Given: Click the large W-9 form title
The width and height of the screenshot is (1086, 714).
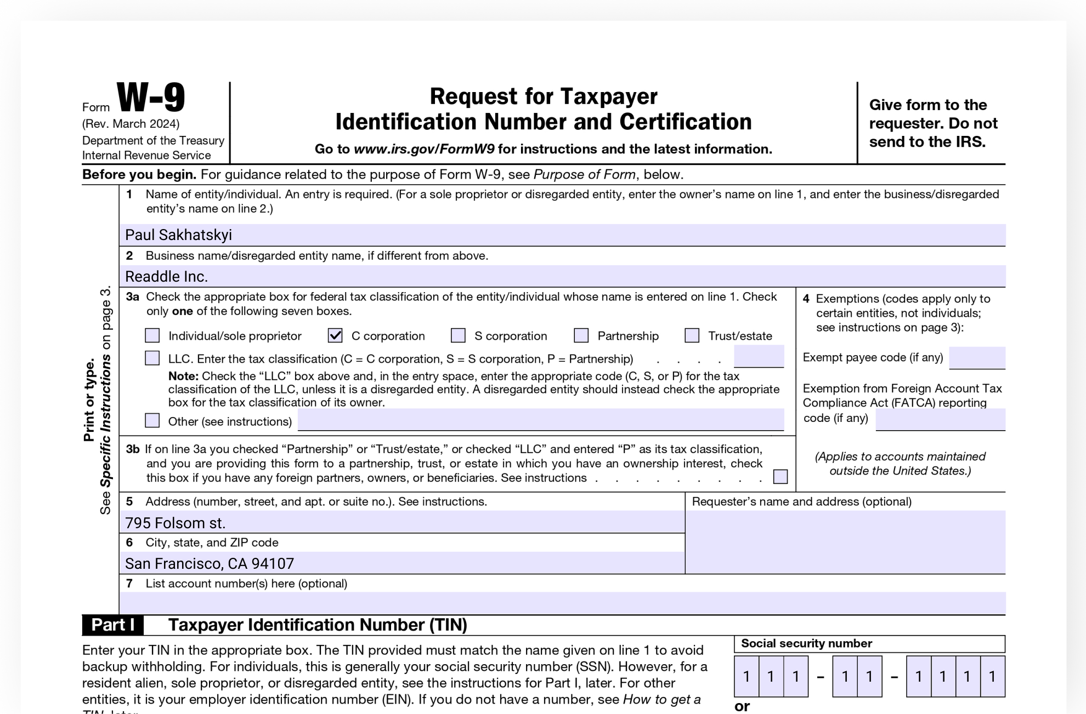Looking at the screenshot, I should click(151, 98).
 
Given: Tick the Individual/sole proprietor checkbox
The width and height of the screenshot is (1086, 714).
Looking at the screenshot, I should click(152, 335).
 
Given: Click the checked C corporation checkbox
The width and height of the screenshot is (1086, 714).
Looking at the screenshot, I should click(335, 335).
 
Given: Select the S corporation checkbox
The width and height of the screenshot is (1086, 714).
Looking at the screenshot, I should click(458, 335).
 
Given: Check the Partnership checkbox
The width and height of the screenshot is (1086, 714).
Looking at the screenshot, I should click(581, 335).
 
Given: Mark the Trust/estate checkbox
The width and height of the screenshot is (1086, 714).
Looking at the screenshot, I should click(692, 335).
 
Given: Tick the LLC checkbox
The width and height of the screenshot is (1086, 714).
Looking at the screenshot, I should click(152, 358).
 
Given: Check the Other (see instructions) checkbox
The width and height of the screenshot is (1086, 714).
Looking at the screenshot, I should click(152, 421).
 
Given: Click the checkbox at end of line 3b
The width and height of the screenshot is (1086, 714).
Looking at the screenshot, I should click(780, 477).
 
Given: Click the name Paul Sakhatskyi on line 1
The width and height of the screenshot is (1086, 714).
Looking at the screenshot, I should click(179, 235).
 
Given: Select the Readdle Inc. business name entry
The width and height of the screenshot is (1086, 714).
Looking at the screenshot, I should click(166, 277).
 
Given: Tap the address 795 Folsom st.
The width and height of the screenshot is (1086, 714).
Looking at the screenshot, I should click(175, 523).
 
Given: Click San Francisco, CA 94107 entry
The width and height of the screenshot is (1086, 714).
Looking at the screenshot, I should click(210, 564).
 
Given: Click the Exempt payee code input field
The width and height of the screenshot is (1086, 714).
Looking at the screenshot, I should click(977, 358).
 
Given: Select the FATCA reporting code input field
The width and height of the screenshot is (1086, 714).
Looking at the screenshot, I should click(940, 419).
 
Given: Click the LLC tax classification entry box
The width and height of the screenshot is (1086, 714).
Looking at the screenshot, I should click(759, 357).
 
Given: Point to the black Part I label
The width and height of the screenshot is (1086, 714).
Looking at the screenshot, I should click(113, 625).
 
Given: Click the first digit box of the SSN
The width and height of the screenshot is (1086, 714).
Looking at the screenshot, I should click(746, 677).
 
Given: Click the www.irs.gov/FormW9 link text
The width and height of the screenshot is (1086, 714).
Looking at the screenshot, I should click(424, 149).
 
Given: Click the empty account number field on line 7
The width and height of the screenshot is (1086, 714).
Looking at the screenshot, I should click(562, 603).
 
